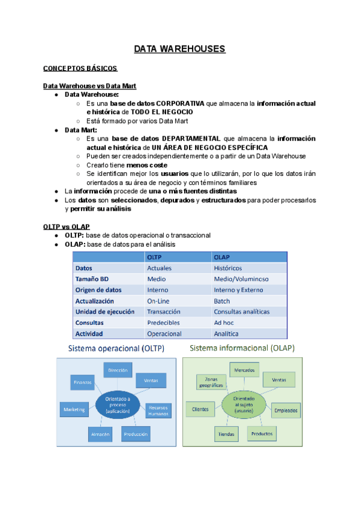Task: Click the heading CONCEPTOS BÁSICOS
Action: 80,69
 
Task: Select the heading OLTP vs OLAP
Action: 67,226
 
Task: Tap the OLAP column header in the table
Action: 222,257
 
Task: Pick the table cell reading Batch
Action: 222,301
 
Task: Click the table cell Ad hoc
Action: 224,322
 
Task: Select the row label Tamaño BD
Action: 92,279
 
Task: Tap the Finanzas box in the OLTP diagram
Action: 83,382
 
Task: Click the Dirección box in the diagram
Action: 118,371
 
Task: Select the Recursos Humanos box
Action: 158,410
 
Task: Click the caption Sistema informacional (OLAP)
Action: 241,348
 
